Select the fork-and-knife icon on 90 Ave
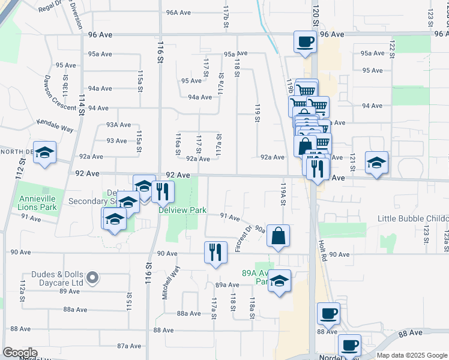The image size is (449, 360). click(215, 251)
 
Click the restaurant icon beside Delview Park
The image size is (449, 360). click(163, 191)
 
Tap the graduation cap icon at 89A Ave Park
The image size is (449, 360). click(279, 280)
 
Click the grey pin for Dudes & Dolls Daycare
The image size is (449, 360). click(92, 277)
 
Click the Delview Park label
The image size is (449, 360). click(182, 210)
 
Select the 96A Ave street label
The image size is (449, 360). click(178, 12)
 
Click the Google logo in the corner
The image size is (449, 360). click(19, 353)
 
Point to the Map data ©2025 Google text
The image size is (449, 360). click(411, 355)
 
